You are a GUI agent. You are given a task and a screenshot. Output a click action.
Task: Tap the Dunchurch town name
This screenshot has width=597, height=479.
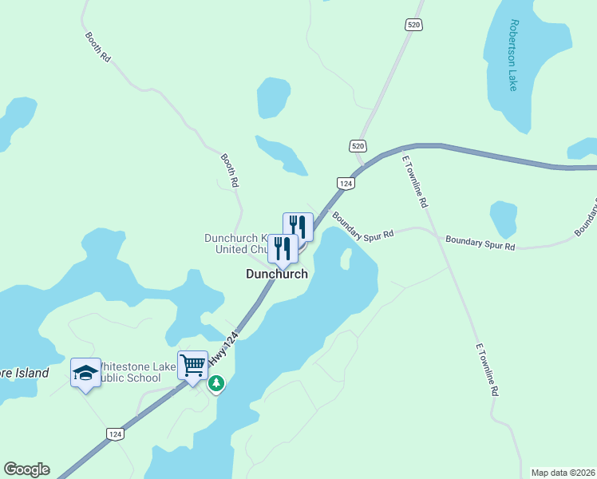tap(276, 274)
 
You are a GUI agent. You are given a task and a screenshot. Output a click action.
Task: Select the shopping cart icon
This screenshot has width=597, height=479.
tap(192, 366)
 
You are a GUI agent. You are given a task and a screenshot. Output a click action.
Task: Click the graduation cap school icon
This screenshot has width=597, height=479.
tap(85, 373)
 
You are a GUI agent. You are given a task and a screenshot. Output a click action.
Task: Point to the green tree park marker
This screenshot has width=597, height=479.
tap(215, 384)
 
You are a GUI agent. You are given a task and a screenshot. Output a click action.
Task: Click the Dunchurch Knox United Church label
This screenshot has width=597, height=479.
tap(235, 243)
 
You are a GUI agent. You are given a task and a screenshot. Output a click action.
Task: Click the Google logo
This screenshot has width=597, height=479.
tap(26, 469)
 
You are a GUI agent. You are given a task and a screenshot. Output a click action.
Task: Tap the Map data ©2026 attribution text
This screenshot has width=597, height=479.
tap(563, 473)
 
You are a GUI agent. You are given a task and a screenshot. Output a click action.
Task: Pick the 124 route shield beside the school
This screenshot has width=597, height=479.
tap(116, 433)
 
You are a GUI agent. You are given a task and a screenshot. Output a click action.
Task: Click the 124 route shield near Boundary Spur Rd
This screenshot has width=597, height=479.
tap(346, 183)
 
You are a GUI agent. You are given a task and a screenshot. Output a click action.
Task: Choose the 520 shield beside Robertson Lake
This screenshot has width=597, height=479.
tap(413, 25)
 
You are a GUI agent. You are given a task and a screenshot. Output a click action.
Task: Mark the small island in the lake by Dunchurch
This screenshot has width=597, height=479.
tap(346, 259)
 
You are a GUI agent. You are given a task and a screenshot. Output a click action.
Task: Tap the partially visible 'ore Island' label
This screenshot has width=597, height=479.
tap(24, 373)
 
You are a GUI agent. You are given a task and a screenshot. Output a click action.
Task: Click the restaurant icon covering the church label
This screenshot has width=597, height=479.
tap(283, 248)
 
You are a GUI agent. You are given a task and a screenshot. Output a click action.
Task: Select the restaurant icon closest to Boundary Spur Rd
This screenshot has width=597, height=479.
tap(298, 227)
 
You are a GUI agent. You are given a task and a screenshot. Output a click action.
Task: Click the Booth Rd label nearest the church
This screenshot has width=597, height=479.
tap(230, 170)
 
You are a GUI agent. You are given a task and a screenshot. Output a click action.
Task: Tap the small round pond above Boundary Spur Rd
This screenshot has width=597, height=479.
tap(503, 218)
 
